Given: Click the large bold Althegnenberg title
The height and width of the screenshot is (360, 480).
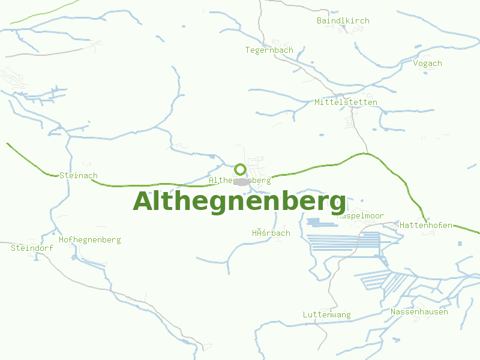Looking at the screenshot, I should pos(239,201).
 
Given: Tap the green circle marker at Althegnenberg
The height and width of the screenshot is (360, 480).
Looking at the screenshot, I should pos(240,169).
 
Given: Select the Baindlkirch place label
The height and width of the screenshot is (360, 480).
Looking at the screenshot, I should pos(343,21).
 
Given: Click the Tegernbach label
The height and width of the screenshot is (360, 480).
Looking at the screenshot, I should pos(269,50).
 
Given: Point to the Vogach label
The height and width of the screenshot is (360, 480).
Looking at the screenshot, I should pos(427,63).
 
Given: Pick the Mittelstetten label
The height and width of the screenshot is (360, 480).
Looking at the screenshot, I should pos(346,103).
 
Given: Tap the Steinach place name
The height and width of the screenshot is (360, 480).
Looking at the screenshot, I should pos(79,176).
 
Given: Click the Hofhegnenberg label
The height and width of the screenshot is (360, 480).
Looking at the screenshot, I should pos(89,240).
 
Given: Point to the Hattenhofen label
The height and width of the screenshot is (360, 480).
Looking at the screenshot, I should pos(426,226).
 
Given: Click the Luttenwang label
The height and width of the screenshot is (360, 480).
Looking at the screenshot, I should pos(326,315).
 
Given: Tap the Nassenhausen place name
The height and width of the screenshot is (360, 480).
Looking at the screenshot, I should pos(419,312).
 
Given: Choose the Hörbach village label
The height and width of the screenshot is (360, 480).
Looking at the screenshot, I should pos(271,233).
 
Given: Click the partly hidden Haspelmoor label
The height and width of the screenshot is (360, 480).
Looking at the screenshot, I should pos(365,216).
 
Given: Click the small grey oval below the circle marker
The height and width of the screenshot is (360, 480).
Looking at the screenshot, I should pos(241,181).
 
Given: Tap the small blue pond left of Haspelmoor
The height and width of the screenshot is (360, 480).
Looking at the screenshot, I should pos(314,221).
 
